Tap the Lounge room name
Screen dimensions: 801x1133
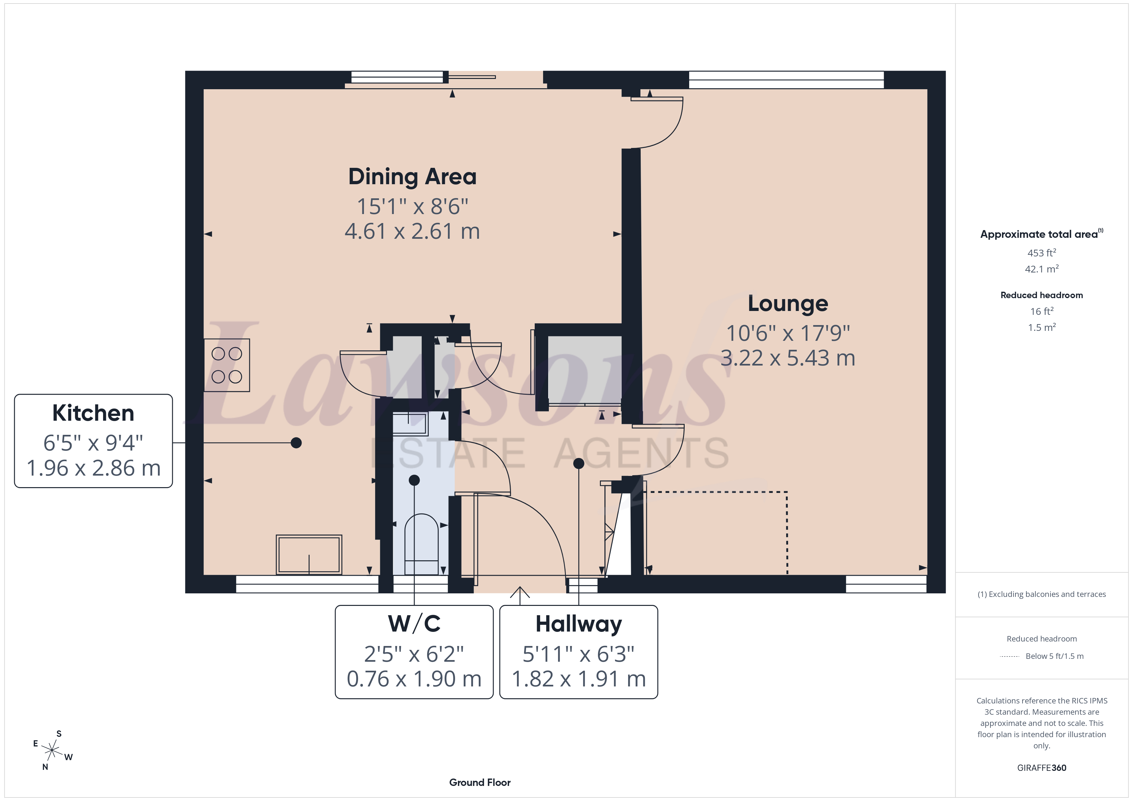coord(787,303)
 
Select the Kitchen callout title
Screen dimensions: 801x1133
coord(93,413)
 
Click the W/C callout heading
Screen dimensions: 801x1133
coord(414,624)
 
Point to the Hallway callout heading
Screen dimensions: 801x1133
coord(578,624)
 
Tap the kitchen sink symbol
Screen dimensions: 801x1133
coord(309,555)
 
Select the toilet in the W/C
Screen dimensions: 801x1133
coord(421,545)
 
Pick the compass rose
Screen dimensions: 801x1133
coord(52,751)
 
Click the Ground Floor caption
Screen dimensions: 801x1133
coord(480,783)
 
